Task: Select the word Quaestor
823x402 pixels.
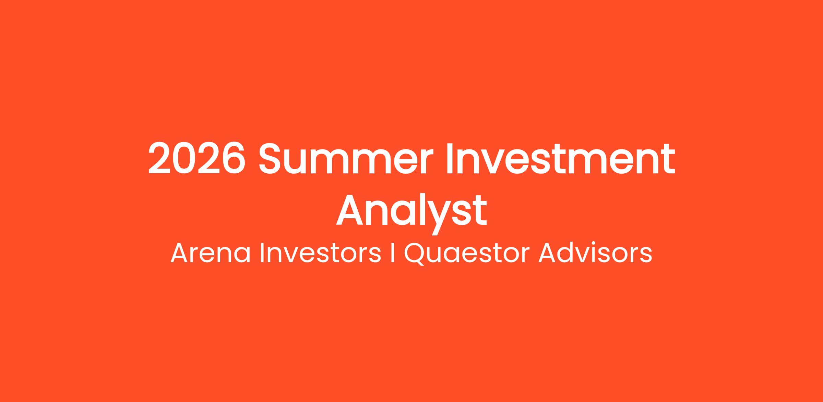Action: pyautogui.click(x=466, y=254)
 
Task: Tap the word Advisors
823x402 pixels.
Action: pyautogui.click(x=595, y=253)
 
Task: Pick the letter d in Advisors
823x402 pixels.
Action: pyautogui.click(x=566, y=253)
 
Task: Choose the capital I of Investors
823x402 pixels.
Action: pyautogui.click(x=262, y=254)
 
